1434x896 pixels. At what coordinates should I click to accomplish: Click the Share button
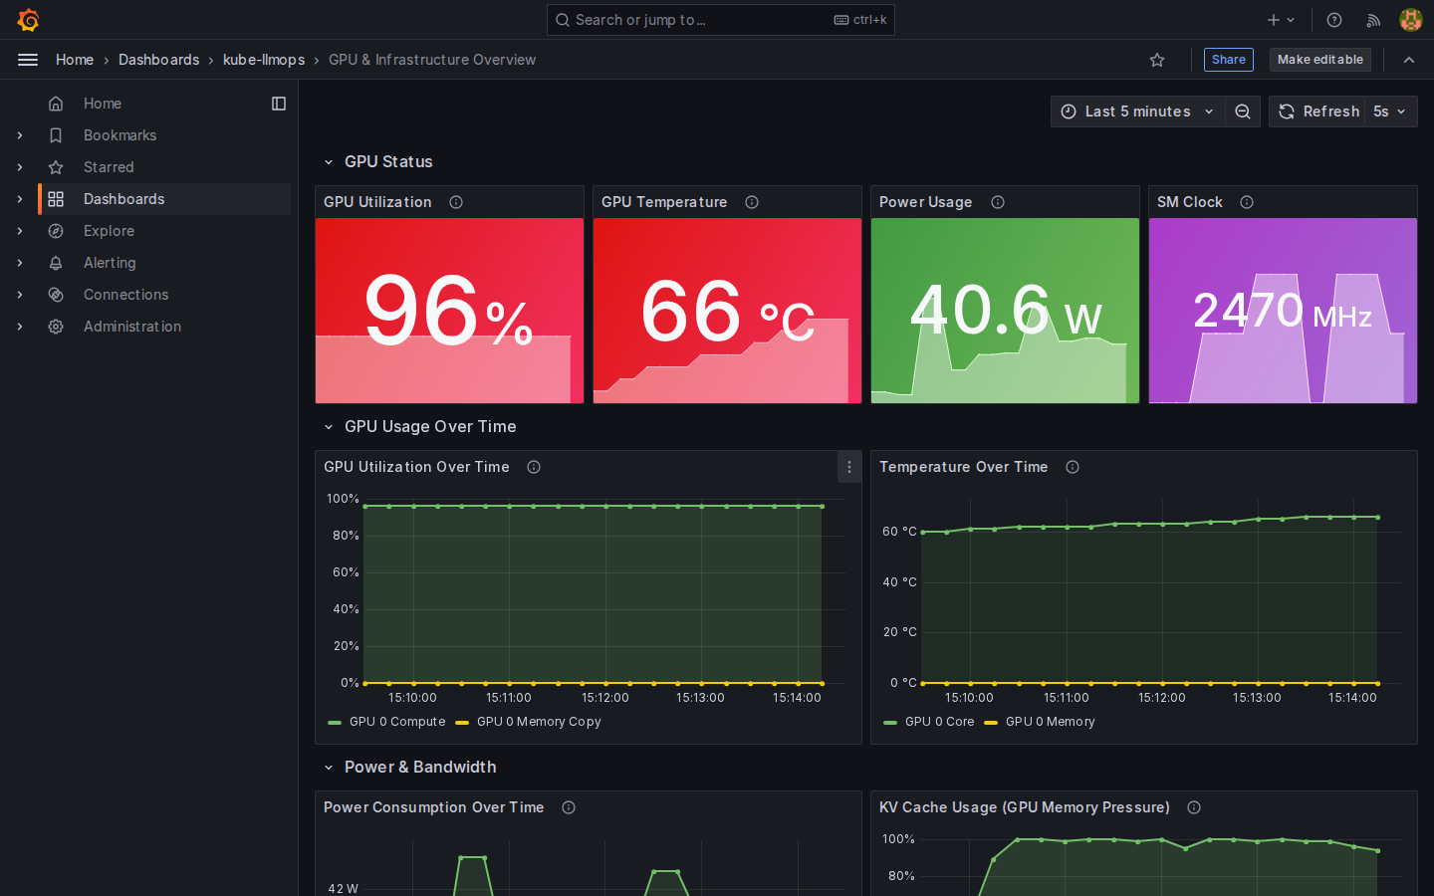pos(1228,60)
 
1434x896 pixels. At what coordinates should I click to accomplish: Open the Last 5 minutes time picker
pos(1137,112)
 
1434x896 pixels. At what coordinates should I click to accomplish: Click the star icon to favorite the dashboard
pos(1157,60)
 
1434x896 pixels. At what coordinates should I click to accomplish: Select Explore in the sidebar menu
pos(109,231)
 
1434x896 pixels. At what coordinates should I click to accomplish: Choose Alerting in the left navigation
pos(110,263)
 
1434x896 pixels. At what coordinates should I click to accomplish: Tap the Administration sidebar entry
pos(131,327)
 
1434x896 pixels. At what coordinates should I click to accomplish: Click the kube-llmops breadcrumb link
pos(264,60)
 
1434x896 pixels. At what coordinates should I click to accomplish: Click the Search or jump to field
pos(720,20)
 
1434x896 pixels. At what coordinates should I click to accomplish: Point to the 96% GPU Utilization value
pos(449,310)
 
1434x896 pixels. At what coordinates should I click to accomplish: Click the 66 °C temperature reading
pos(727,312)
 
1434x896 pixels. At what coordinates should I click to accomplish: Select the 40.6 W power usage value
pos(1005,311)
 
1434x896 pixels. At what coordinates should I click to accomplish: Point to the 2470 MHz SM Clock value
pos(1283,311)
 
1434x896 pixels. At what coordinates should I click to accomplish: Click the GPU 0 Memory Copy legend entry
pos(529,722)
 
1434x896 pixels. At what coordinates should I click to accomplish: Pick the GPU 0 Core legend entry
pos(929,722)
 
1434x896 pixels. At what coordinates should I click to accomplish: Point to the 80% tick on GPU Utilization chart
pos(346,536)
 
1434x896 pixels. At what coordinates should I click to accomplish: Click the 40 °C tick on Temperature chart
pos(899,582)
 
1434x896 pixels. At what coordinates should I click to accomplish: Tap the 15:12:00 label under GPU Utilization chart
pos(605,698)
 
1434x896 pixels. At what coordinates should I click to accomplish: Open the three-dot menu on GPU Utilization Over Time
pos(849,467)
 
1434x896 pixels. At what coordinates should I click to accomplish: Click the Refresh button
pos(1317,112)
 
